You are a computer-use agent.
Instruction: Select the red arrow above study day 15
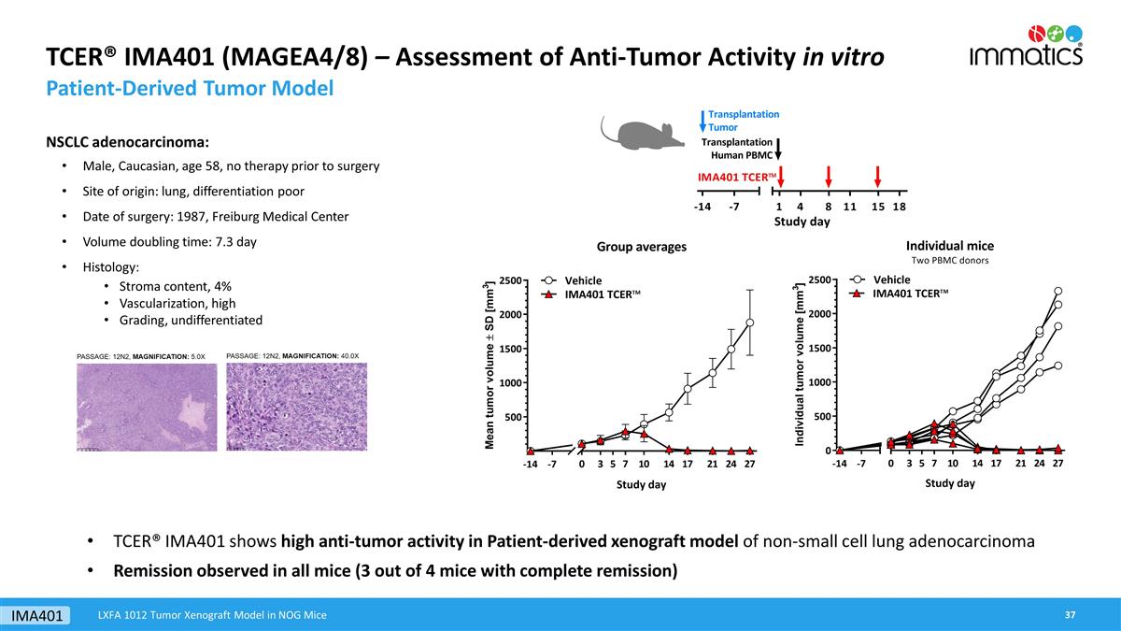tap(878, 177)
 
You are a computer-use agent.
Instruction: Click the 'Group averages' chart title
tap(641, 247)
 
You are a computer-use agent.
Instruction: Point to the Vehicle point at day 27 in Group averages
tap(749, 323)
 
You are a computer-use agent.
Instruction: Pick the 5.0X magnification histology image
tap(146, 409)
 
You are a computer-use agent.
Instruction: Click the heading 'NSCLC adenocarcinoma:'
tap(128, 143)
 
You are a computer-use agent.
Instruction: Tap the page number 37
tap(1071, 614)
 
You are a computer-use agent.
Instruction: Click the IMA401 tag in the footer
tap(37, 615)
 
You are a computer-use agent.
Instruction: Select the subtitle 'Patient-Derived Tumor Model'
tap(190, 90)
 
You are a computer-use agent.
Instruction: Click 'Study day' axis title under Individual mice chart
tap(949, 483)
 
